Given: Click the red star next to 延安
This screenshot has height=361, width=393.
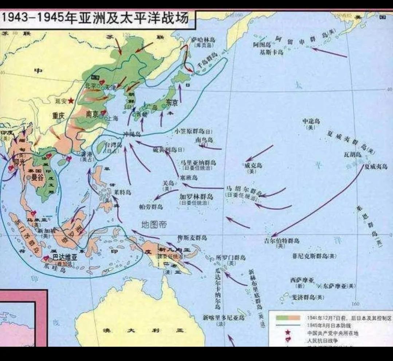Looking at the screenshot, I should pyautogui.click(x=70, y=100).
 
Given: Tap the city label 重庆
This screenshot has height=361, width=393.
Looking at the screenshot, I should pyautogui.click(x=58, y=116).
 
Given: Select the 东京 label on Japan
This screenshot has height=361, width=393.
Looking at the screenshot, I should pyautogui.click(x=172, y=102).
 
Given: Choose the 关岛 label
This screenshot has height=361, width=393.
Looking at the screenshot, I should pyautogui.click(x=168, y=183).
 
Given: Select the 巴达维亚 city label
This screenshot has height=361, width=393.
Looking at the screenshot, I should pyautogui.click(x=63, y=257).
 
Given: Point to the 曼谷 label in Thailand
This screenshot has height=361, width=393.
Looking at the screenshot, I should pyautogui.click(x=37, y=178).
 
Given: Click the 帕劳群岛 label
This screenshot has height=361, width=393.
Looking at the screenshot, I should pyautogui.click(x=151, y=206).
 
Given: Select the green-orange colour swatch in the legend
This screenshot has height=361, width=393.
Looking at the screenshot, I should pyautogui.click(x=288, y=318).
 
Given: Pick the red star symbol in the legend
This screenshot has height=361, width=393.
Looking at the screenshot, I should pyautogui.click(x=288, y=332).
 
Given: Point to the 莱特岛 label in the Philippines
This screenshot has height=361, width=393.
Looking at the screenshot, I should pyautogui.click(x=122, y=192).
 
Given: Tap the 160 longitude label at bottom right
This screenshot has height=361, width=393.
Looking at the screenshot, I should pyautogui.click(x=355, y=304).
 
